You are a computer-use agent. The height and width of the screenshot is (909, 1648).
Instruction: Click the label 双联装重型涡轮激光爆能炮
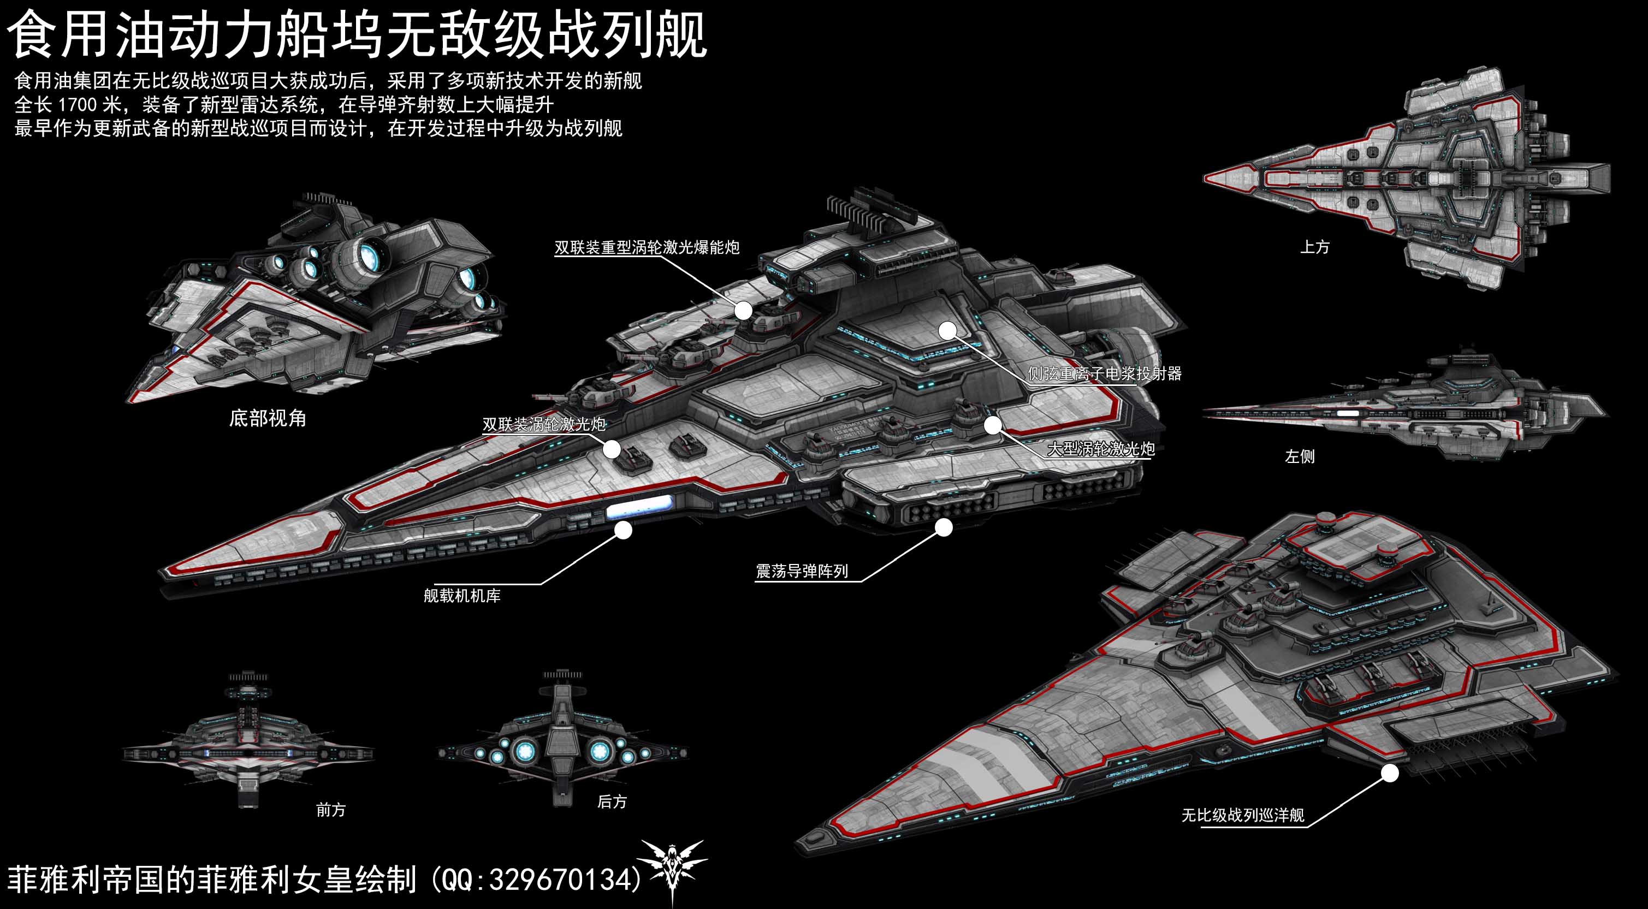647,247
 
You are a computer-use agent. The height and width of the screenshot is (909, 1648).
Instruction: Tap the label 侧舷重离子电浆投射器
1105,373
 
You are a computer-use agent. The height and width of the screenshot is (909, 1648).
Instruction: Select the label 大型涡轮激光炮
1101,449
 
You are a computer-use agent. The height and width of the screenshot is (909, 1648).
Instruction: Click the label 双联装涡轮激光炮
544,424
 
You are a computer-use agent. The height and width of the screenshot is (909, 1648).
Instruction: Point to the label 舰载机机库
462,596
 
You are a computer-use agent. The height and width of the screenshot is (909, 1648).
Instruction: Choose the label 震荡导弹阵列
802,571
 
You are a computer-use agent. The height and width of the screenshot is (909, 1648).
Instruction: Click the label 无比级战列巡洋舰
1243,816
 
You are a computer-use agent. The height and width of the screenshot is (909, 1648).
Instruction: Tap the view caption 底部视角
268,418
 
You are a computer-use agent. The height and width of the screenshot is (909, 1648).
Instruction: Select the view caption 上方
1315,247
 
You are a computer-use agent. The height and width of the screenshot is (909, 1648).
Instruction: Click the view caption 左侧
1300,456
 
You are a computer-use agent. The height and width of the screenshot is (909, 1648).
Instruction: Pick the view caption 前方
331,810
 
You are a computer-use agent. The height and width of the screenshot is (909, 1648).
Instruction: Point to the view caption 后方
612,801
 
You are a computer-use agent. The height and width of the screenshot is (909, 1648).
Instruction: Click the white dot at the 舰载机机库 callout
623,530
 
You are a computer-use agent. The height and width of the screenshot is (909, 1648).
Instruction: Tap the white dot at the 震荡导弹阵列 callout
944,527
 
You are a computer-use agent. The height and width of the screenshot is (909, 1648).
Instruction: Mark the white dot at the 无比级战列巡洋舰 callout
1390,774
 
